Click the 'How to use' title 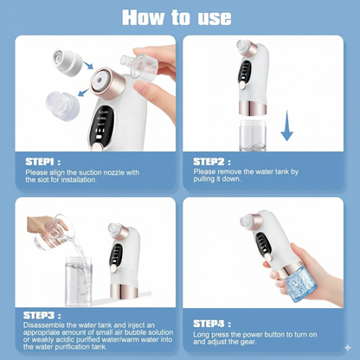tap(180, 16)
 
